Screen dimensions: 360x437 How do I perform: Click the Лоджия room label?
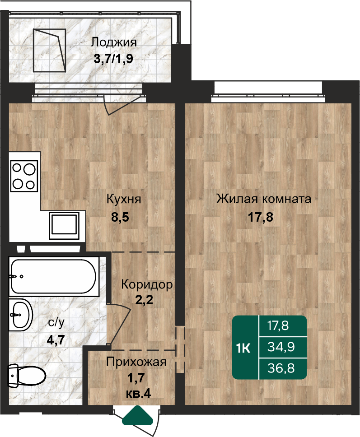click(x=114, y=43)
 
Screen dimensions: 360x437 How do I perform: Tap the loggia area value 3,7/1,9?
click(x=113, y=59)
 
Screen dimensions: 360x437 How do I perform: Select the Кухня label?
click(x=124, y=200)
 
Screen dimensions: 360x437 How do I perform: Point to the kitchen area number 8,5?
click(x=120, y=217)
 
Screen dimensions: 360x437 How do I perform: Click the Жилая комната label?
click(x=264, y=199)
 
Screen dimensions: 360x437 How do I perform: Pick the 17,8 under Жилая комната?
click(x=261, y=217)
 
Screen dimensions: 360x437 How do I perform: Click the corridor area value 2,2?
click(x=144, y=300)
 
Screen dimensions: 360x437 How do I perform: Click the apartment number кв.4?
click(x=139, y=394)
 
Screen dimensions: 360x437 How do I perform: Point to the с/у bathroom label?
click(x=56, y=323)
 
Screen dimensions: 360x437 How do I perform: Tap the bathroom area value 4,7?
click(x=56, y=340)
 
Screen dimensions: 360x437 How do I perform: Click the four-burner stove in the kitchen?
click(x=24, y=176)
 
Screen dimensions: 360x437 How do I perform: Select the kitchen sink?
click(x=64, y=225)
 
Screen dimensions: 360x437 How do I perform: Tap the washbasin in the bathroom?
click(x=21, y=315)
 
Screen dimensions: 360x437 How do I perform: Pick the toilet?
click(x=27, y=375)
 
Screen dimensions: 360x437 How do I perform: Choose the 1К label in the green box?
click(x=243, y=349)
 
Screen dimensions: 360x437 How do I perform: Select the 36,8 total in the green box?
click(x=281, y=368)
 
